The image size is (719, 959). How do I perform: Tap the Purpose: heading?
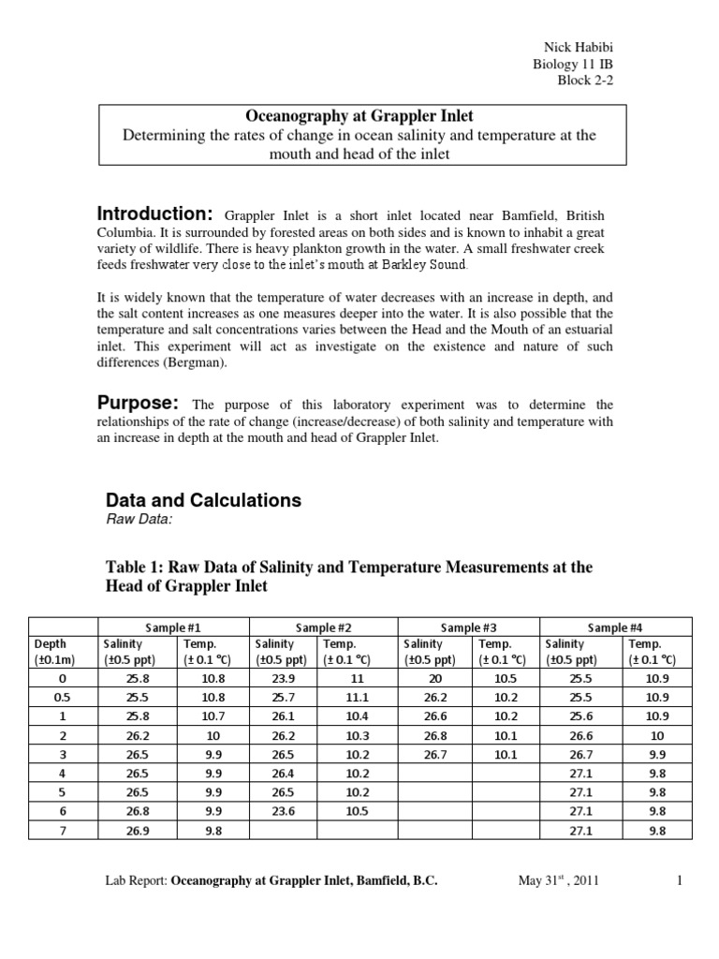click(139, 403)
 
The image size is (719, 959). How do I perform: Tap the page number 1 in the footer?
click(679, 881)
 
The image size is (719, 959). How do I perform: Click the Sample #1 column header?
click(172, 627)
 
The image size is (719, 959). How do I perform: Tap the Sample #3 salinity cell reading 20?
click(433, 678)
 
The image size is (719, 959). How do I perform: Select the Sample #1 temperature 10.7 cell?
click(211, 716)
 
